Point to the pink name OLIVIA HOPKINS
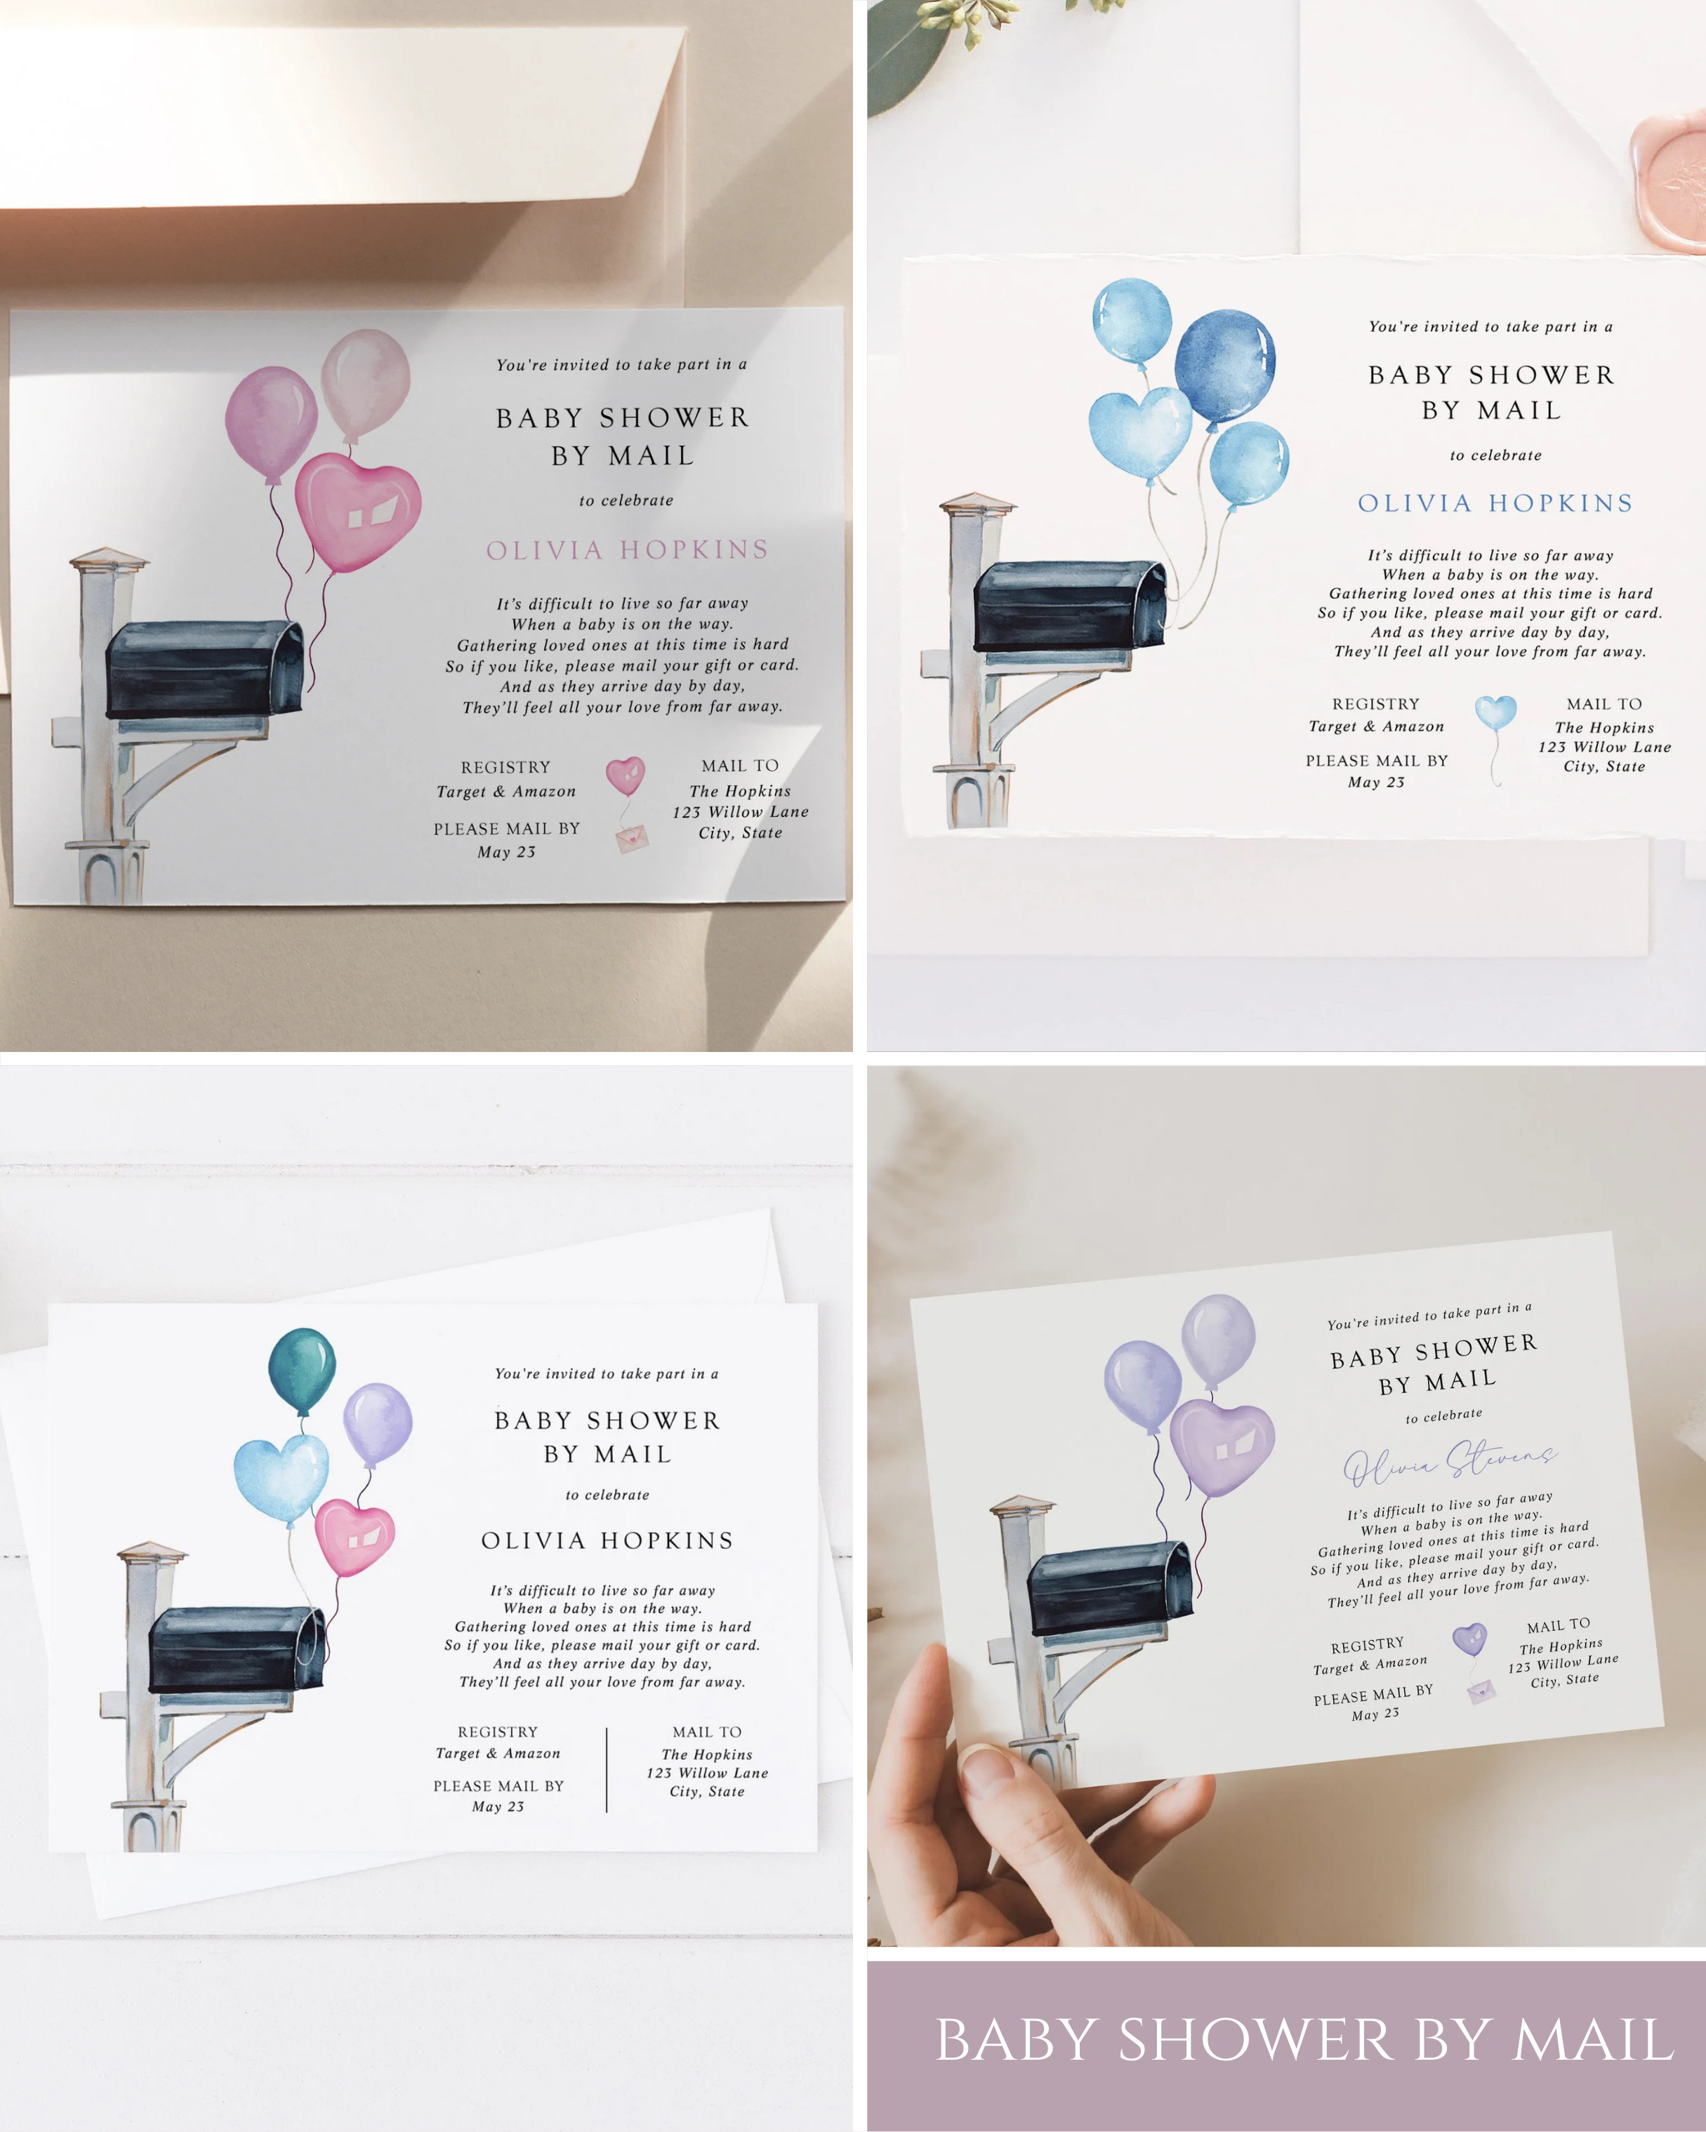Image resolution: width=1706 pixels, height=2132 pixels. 627,549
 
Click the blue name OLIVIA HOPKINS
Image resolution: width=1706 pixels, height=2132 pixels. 1495,503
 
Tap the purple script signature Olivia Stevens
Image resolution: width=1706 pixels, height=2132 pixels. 1450,1463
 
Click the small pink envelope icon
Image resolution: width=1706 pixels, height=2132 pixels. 631,839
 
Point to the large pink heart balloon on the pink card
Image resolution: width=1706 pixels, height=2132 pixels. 358,511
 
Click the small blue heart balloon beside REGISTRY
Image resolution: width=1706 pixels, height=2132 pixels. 1495,712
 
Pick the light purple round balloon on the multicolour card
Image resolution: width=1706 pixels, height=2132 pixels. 377,1423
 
